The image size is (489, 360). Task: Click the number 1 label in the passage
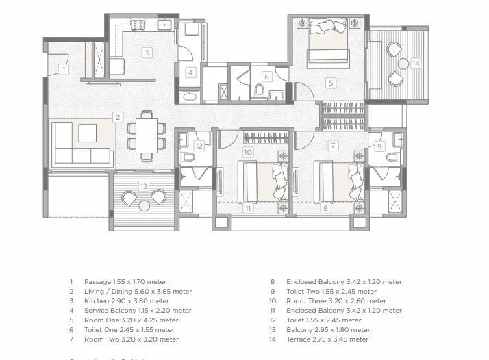[63, 69]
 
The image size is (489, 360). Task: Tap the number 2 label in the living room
[118, 117]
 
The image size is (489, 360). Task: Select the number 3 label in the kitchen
[147, 52]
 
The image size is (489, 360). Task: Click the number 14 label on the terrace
[416, 63]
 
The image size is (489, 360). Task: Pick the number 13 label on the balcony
[143, 186]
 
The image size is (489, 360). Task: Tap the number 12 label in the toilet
[199, 145]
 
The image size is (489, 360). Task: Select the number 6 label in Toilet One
[267, 77]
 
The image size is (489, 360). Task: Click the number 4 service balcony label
[191, 73]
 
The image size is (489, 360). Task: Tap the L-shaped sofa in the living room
[81, 144]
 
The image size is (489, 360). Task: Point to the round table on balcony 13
[144, 205]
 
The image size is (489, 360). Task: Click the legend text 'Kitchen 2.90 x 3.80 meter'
[126, 300]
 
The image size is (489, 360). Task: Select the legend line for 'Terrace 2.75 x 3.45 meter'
[327, 339]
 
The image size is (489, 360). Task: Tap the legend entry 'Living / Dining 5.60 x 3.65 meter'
[137, 291]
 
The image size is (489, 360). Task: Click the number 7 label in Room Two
[333, 145]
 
